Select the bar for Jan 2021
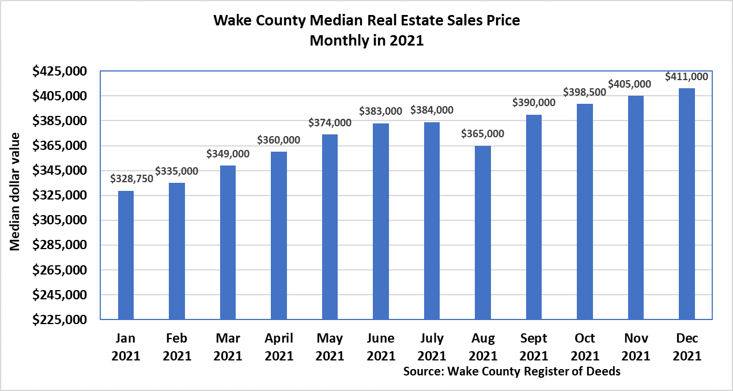point(126,255)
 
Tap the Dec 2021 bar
point(687,204)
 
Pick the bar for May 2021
point(330,227)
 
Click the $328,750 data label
point(132,179)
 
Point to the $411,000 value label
point(687,76)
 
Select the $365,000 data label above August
point(483,134)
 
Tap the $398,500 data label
point(585,92)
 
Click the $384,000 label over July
point(432,110)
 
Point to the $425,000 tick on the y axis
point(59,71)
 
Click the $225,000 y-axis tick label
point(59,319)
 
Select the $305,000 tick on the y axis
point(59,220)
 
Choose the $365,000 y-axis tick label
point(59,146)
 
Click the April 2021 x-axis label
point(279,347)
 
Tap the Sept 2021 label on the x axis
point(534,347)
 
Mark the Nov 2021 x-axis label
point(636,347)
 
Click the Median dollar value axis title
point(15,191)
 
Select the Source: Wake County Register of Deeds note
point(512,371)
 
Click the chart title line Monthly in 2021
point(366,42)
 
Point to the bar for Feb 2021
point(177,251)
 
